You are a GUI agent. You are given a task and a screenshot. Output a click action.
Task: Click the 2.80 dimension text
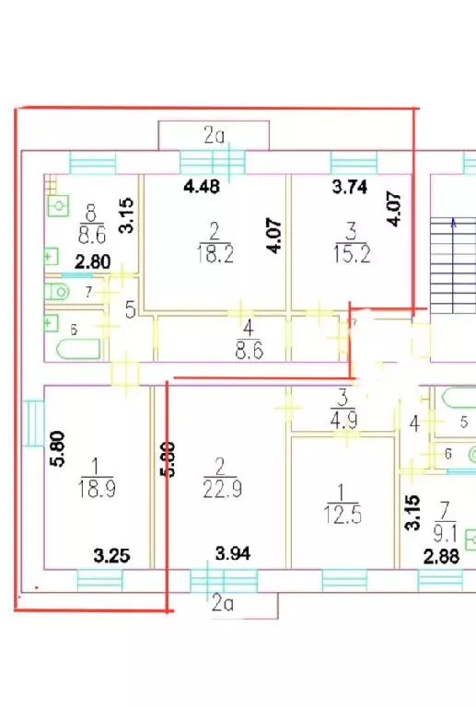[x=93, y=261]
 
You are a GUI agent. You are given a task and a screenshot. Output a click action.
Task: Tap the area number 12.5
[x=342, y=512]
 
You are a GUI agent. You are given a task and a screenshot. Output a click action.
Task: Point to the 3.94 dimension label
[x=232, y=552]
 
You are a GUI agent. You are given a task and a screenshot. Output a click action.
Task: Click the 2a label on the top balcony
[x=215, y=135]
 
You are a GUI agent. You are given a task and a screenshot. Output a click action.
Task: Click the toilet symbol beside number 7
[x=58, y=292]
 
